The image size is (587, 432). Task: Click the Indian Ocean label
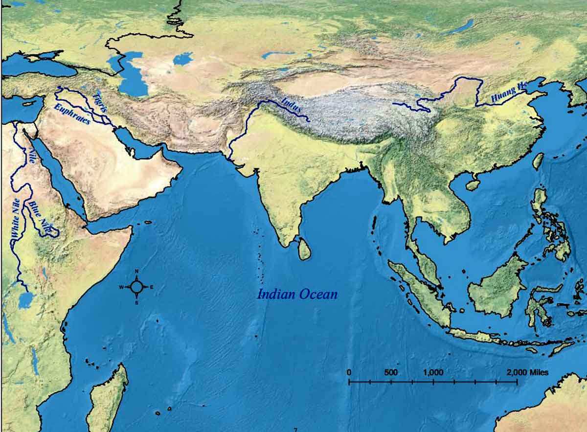(297, 294)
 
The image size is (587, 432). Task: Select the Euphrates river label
(72, 114)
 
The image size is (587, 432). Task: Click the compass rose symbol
(137, 287)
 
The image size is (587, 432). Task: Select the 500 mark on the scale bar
(391, 372)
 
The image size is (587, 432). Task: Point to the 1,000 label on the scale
(433, 372)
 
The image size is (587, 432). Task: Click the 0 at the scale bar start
(349, 372)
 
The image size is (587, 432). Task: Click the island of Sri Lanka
(304, 249)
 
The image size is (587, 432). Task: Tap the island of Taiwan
(538, 161)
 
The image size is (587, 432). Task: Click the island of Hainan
(473, 185)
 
